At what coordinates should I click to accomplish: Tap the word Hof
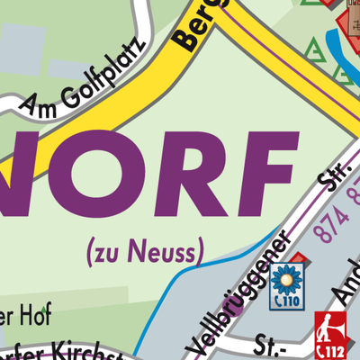click(36, 314)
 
